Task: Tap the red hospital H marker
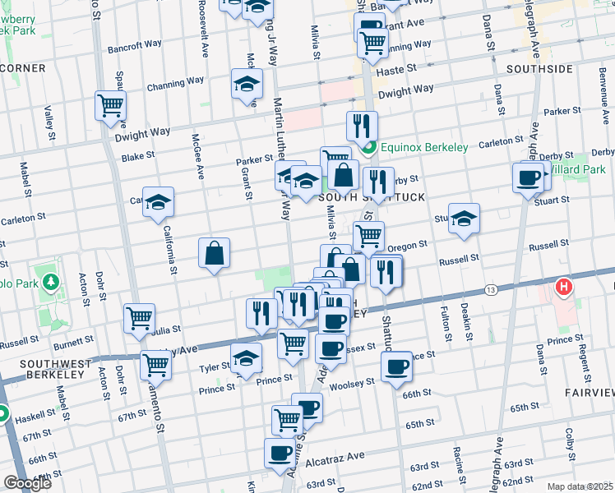pos(564,288)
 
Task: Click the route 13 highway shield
pos(491,290)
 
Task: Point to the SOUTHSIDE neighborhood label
pos(539,69)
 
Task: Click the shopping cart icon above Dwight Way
pos(110,106)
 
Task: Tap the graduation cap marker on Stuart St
pos(464,219)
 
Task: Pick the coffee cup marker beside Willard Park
pos(528,177)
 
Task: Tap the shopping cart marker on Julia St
pos(140,318)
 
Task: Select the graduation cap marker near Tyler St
pos(246,358)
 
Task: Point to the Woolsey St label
pos(354,382)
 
